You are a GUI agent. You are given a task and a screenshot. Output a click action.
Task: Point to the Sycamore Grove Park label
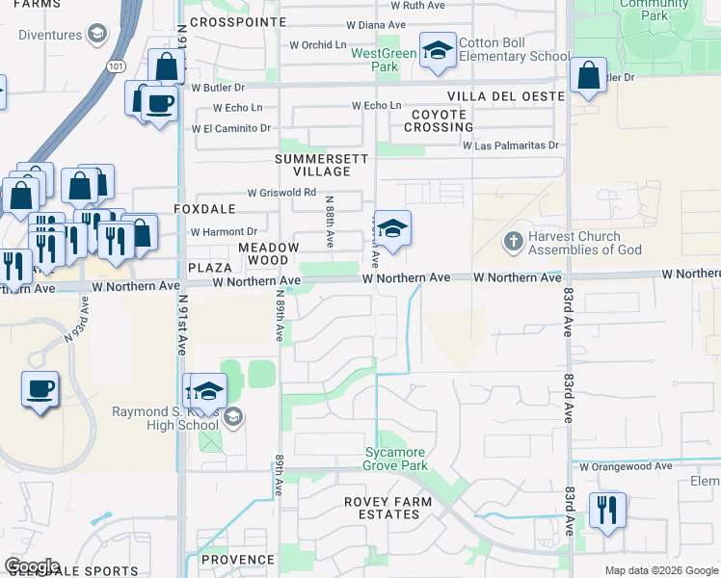pos(396,459)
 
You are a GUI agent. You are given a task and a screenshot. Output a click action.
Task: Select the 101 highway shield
pos(116,66)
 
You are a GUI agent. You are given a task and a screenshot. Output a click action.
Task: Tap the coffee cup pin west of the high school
pos(40,390)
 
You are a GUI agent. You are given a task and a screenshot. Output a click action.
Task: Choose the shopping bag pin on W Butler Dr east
pos(587,75)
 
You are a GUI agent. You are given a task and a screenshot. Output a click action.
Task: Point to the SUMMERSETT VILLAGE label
pos(313,165)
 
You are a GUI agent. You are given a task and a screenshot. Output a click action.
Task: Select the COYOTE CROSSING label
pos(439,120)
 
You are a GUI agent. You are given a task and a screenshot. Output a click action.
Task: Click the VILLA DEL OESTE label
pos(505,97)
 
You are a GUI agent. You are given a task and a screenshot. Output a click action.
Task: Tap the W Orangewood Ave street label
pos(626,466)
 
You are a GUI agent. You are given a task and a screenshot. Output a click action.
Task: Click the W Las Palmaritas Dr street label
pos(510,146)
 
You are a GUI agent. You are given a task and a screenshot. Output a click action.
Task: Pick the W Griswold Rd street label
pos(281,193)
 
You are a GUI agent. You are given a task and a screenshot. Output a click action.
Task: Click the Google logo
pos(32,566)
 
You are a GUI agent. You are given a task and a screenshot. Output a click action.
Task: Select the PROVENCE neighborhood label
pos(238,560)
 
